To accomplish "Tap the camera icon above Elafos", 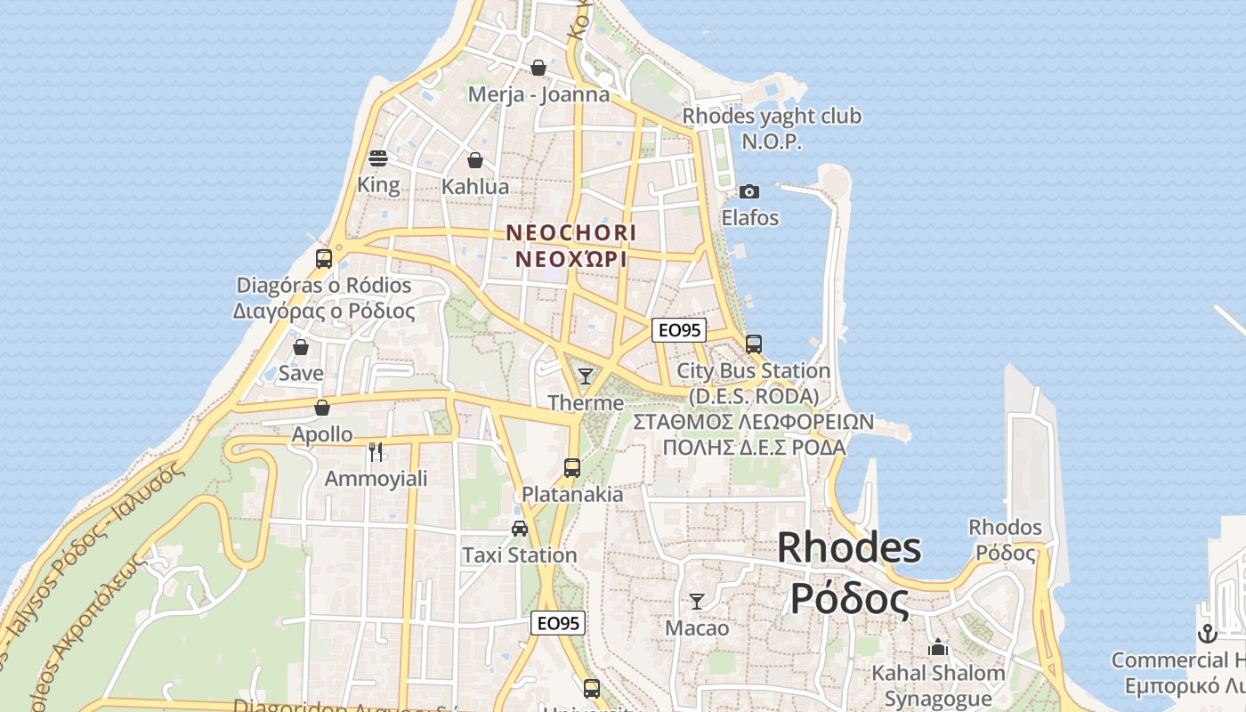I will point(749,192).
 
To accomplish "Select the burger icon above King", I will point(378,159).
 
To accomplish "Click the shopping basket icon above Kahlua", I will point(475,160).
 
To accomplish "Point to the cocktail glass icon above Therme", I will point(585,376).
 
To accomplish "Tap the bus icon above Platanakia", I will point(572,467).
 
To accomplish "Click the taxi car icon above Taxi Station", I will point(520,529).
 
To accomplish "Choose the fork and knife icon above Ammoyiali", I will point(376,452).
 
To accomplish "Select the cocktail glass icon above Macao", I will point(697,602).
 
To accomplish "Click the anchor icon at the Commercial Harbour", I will point(1207,634).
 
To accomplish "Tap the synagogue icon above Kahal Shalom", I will point(938,647).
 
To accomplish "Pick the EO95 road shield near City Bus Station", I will point(678,330).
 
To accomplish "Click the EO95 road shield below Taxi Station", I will point(558,623).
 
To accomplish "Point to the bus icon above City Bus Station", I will point(754,344).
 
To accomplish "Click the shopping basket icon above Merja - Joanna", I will point(538,68).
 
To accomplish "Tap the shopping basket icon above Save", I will point(301,347).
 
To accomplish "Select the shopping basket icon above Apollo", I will point(322,408).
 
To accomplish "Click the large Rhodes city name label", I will point(849,547).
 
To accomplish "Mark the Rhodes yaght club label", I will point(772,117).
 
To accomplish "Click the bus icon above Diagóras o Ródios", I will point(324,259).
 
